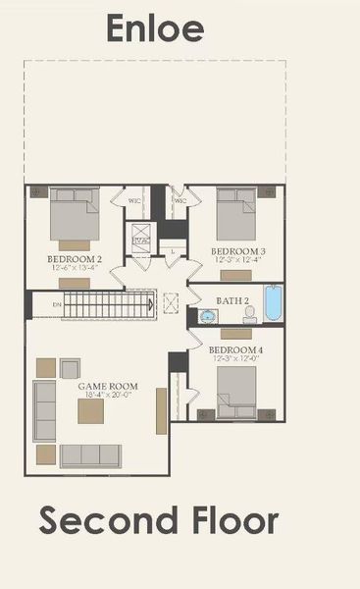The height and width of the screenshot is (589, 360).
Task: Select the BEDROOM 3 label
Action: [238, 252]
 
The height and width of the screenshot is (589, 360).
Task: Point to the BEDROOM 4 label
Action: [234, 349]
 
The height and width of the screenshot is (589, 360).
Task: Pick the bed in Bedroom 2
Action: [76, 214]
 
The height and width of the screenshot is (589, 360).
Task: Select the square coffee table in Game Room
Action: [91, 411]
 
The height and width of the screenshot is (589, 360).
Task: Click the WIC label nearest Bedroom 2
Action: [134, 201]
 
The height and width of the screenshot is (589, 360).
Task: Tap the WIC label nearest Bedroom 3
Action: [180, 201]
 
